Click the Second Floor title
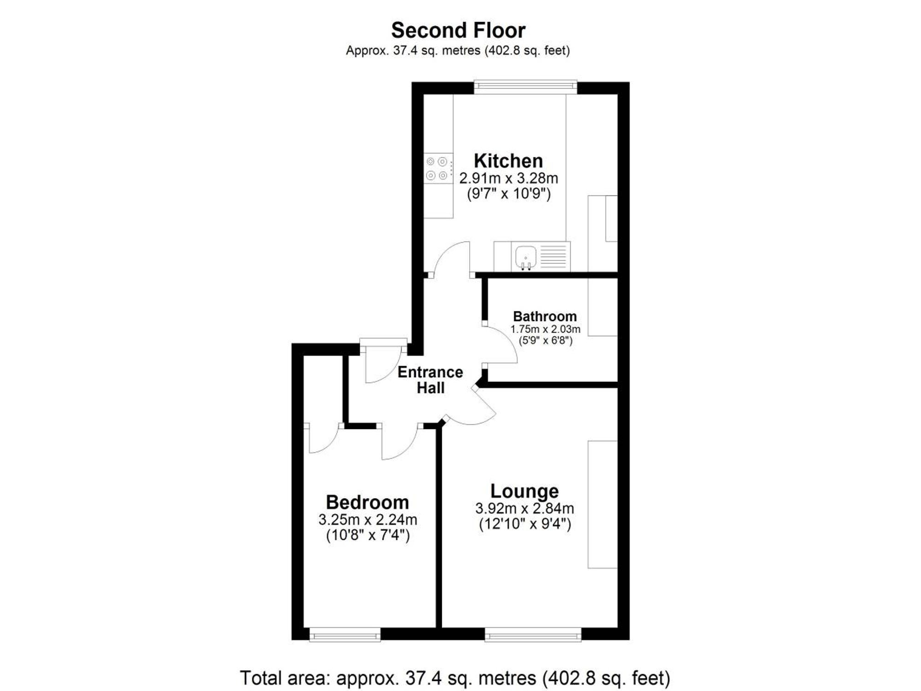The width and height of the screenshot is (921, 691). tap(458, 30)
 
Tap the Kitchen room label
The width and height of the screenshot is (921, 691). tap(508, 161)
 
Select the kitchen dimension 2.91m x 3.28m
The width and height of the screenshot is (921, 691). tap(508, 178)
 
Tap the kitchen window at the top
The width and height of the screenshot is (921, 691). tap(525, 87)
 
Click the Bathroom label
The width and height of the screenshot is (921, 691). tap(545, 316)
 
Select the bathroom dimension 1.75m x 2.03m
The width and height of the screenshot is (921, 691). tap(545, 329)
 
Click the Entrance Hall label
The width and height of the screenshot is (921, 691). tap(431, 380)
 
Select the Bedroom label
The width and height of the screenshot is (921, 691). tap(367, 502)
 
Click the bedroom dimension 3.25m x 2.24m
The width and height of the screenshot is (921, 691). tap(368, 520)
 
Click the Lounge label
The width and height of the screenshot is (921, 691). tap(525, 491)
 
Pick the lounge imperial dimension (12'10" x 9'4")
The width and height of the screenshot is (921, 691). tap(525, 524)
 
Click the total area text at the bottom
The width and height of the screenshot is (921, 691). tap(455, 678)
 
